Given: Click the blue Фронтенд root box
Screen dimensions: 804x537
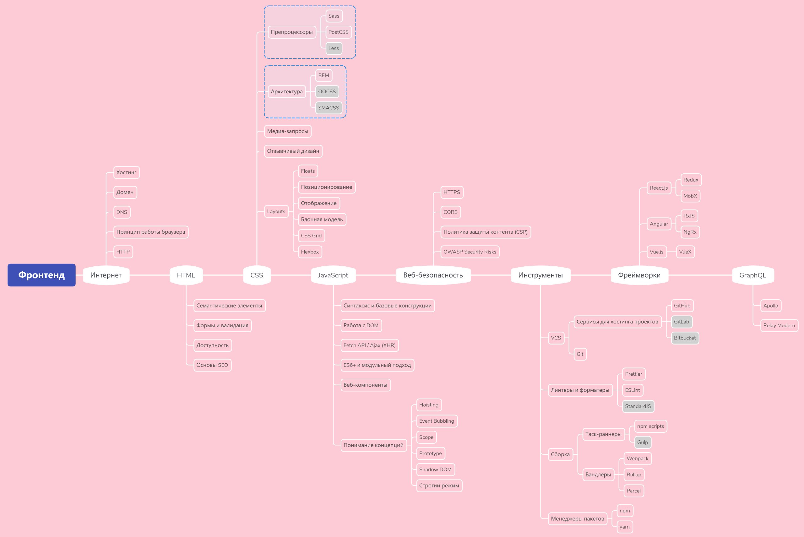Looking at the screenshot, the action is (41, 275).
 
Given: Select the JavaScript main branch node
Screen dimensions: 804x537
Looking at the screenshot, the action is (333, 275).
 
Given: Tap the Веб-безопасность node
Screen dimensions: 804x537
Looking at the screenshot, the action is (433, 275).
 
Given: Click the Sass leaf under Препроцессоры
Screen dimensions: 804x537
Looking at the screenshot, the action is (334, 16).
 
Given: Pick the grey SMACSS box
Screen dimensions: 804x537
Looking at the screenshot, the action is (329, 107).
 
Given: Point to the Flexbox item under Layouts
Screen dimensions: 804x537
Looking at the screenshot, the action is (310, 252).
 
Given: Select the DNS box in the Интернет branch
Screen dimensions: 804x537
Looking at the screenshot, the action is (122, 212).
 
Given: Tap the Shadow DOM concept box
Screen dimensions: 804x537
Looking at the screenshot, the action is (436, 469).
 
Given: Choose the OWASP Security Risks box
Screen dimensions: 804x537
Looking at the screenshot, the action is (470, 252).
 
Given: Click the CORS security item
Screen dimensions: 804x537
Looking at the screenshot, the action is (450, 212).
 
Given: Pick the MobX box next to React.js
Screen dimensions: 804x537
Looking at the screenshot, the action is (690, 196).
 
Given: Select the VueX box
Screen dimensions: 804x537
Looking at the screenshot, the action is (685, 252).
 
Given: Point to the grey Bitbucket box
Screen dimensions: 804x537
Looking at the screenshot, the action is (685, 338).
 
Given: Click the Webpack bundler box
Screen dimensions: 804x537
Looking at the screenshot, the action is (638, 458).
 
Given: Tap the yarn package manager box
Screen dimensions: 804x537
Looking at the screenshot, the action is (625, 527).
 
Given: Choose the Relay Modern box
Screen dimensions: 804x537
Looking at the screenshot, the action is (779, 325).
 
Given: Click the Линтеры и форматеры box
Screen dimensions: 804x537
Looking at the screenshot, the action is (580, 390).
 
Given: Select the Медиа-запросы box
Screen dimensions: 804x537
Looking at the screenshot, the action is (288, 131).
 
